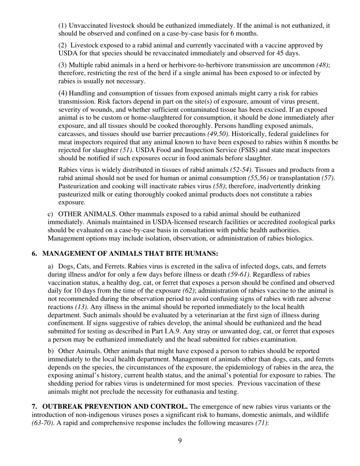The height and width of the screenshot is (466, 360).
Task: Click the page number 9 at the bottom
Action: pyautogui.click(x=180, y=440)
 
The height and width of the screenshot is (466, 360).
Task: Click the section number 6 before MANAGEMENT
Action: pyautogui.click(x=34, y=253)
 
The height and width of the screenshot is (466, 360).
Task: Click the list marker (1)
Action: pyautogui.click(x=63, y=26)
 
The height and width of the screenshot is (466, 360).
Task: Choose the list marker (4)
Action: pyautogui.click(x=63, y=93)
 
